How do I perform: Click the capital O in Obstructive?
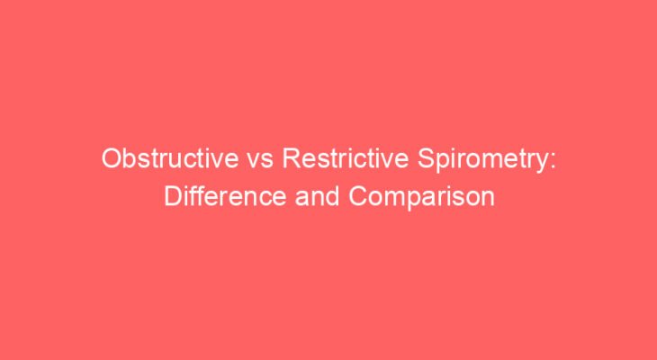(112, 159)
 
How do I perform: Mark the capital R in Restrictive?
(290, 159)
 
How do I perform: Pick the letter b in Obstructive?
(129, 159)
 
